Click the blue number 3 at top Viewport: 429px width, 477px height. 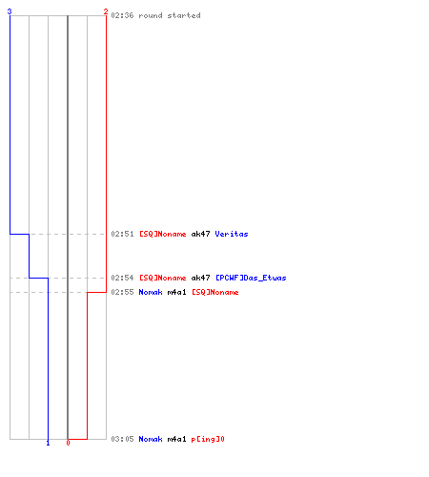tap(10, 11)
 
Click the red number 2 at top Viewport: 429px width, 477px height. tap(106, 11)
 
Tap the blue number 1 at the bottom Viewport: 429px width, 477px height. tap(48, 443)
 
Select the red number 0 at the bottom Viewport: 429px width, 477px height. tap(68, 443)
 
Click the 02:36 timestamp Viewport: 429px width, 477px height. tap(122, 15)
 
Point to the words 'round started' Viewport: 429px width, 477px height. tap(170, 15)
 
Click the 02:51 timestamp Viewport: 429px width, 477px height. tap(122, 234)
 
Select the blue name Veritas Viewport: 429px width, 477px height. tap(232, 234)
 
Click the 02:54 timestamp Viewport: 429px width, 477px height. tap(122, 278)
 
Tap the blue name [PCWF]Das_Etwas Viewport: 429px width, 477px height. tap(251, 278)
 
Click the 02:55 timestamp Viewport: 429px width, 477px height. tap(122, 292)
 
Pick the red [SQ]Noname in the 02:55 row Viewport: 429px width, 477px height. tap(215, 292)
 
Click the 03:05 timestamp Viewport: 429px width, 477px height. tap(122, 439)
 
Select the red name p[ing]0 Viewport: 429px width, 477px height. tap(208, 439)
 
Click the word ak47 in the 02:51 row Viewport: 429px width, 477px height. tap(200, 234)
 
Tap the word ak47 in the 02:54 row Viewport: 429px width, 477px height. tap(200, 278)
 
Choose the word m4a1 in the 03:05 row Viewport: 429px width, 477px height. tap(176, 439)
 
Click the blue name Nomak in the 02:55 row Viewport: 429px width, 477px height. tap(151, 292)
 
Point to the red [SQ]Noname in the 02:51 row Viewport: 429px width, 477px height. tap(163, 234)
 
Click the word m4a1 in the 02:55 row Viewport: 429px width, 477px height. tap(176, 292)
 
